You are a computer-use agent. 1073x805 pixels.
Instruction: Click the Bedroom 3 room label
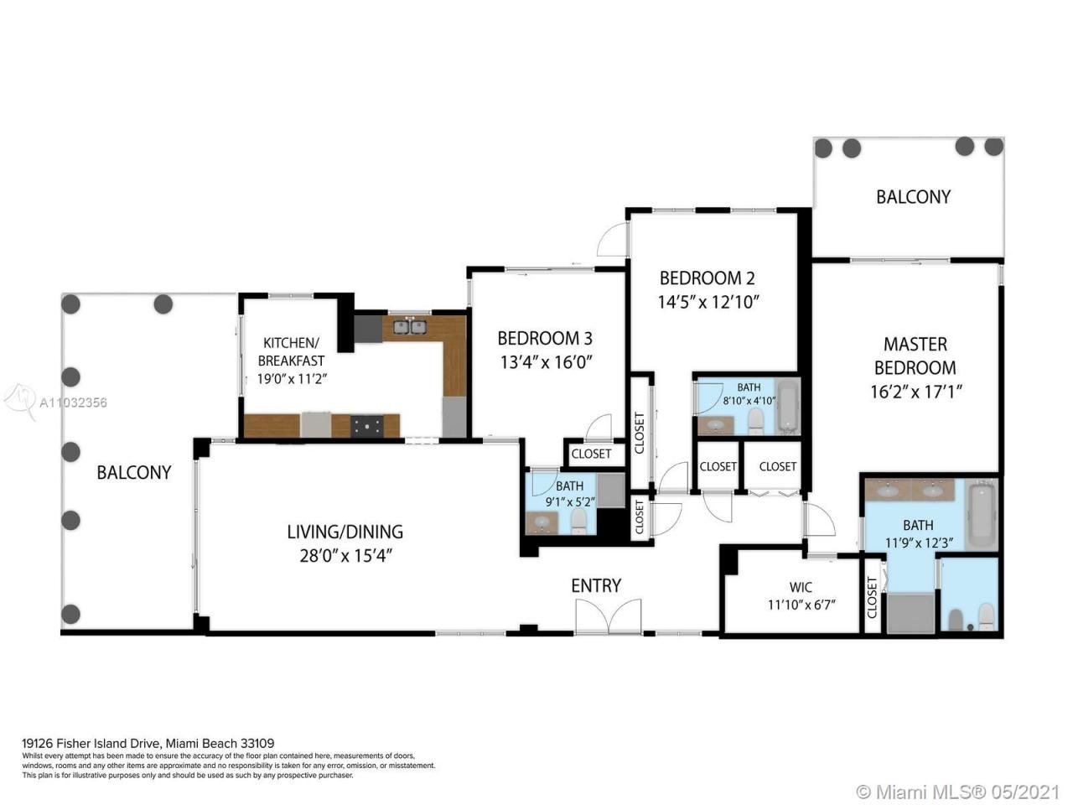coord(544,338)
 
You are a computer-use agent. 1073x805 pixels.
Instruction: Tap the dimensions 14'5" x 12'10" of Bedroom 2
coord(708,302)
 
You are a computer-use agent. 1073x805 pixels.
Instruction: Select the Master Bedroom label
coord(915,356)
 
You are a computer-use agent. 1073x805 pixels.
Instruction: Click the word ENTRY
coord(596,585)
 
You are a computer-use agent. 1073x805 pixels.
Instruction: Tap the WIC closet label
coord(801,587)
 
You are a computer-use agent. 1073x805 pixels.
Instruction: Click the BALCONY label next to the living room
coord(134,472)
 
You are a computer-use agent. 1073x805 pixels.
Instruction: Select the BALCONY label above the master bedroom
coord(913,197)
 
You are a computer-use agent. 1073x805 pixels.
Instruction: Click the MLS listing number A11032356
coord(74,402)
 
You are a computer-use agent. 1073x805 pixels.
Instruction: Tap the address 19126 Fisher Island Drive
coord(91,743)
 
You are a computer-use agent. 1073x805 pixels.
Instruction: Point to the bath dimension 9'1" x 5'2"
coord(569,502)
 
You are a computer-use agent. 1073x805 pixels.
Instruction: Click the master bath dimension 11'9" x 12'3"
coord(918,542)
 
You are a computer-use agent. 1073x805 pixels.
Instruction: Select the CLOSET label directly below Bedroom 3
coord(591,454)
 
